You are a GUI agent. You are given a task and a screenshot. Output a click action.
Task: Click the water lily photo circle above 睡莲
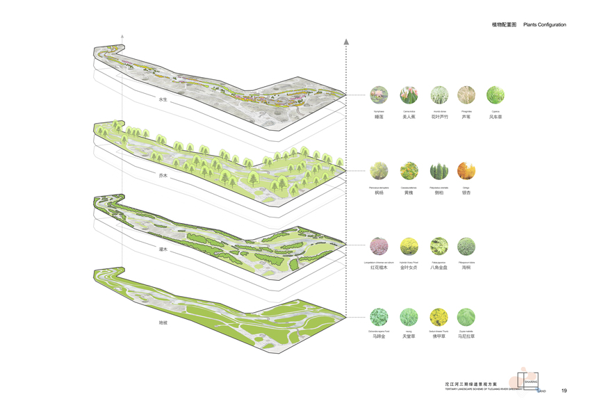pos(379,95)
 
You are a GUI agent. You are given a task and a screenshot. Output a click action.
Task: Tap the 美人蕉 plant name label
pos(409,117)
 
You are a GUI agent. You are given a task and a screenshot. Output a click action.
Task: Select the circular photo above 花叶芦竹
pos(439,95)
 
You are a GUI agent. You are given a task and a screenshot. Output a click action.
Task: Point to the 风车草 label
pos(495,117)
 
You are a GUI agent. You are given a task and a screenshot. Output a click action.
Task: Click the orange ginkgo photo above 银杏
pos(466,171)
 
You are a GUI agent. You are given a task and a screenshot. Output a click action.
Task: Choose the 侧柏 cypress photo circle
pos(439,171)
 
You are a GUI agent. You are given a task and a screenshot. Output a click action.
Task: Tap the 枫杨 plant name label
pos(379,193)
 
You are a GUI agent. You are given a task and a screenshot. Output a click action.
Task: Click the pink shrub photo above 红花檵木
pos(379,246)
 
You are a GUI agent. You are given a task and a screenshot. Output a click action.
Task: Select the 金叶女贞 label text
pos(409,267)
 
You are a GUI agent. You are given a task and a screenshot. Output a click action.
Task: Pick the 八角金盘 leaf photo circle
pos(439,246)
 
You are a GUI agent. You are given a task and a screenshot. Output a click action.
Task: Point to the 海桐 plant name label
pos(466,267)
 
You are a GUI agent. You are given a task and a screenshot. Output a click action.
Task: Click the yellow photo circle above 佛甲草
pos(439,318)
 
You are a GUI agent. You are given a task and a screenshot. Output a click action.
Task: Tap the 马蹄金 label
pos(379,336)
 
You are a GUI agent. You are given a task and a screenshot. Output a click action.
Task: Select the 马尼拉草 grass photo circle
pos(466,318)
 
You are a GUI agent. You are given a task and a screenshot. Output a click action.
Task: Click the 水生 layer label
pos(163,100)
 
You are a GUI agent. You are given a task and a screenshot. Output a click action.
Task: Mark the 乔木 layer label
pos(163,176)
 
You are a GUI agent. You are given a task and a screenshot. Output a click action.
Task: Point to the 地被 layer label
pos(163,322)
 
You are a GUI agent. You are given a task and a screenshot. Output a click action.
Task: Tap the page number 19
pos(564,391)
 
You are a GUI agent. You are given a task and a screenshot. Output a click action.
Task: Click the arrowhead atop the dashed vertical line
pos(346,42)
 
